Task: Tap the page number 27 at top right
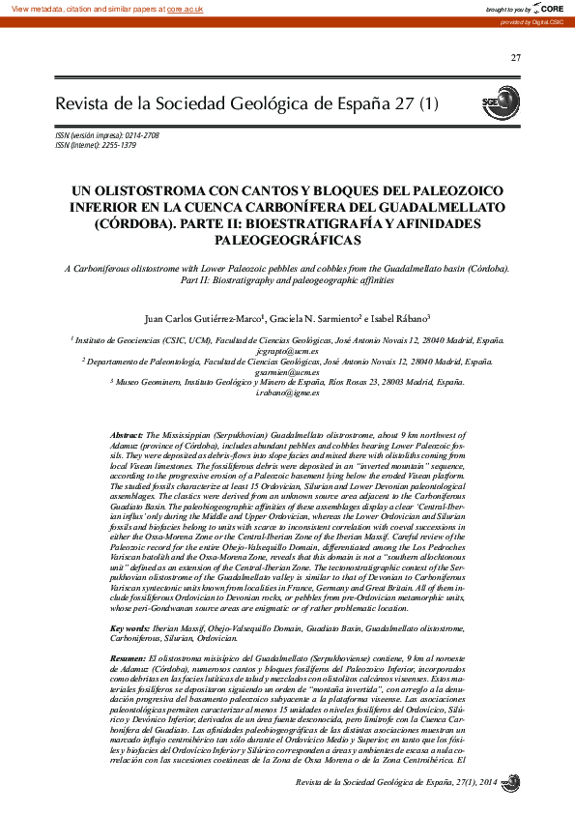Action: (515, 59)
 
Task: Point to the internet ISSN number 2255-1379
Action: (116, 145)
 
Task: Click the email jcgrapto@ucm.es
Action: (287, 351)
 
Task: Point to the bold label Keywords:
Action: (129, 628)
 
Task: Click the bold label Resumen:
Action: (128, 657)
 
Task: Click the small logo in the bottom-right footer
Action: (511, 781)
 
